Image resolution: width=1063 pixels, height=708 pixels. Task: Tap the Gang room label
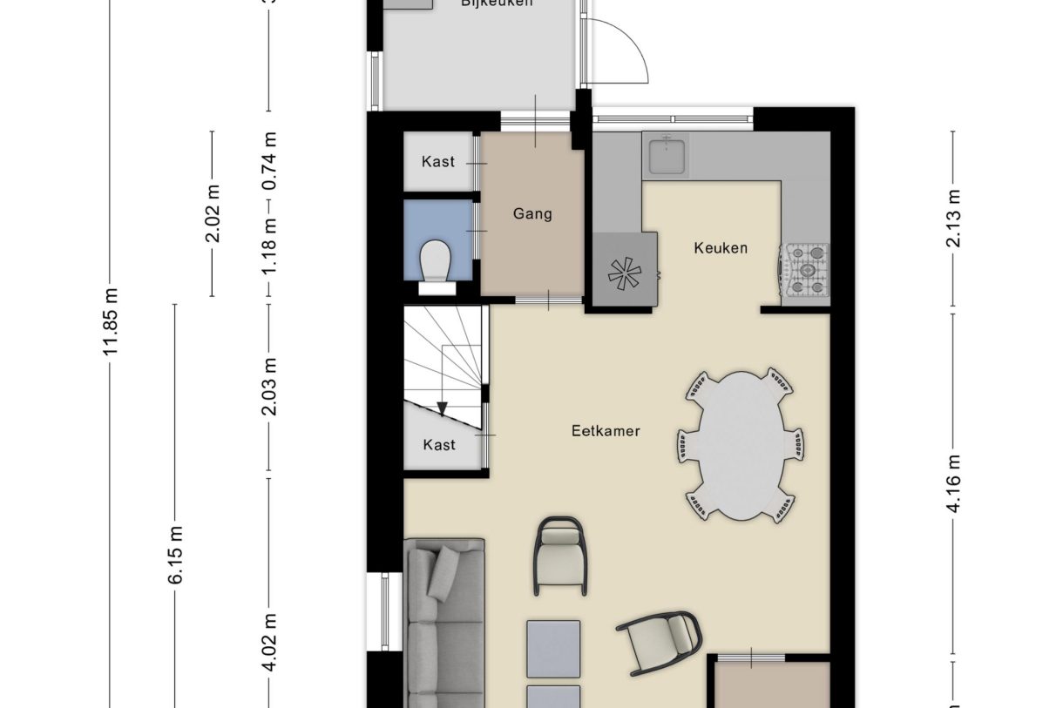[x=532, y=213]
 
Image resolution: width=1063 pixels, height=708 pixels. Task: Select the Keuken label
[x=721, y=248]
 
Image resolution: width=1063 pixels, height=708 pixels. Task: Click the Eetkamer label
[x=606, y=430]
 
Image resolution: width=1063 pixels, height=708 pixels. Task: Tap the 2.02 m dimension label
[x=213, y=213]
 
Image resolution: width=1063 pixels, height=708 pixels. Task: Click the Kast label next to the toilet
[x=437, y=161]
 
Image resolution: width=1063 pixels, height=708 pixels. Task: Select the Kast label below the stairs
[x=439, y=445]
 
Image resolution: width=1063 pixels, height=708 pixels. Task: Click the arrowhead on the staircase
[x=443, y=408]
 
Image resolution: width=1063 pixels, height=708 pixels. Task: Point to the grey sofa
[x=445, y=622]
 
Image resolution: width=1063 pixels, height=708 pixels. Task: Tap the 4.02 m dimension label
[x=269, y=641]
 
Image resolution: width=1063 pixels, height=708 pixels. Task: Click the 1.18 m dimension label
[x=269, y=245]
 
